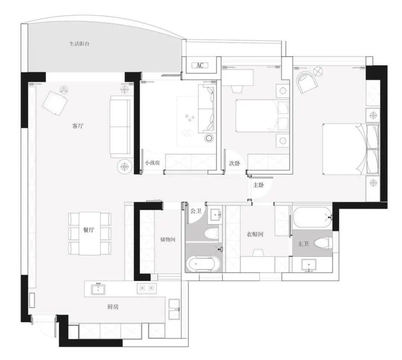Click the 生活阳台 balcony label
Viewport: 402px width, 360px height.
(x=80, y=44)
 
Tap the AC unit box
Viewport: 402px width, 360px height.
(x=200, y=65)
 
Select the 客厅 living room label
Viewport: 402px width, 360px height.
(x=78, y=126)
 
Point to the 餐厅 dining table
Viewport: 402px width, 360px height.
(x=89, y=233)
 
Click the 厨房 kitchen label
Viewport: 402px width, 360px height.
(x=113, y=307)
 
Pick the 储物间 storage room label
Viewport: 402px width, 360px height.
(x=167, y=240)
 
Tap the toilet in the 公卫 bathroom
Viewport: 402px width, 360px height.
(x=210, y=232)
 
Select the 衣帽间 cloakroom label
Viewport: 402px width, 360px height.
(x=255, y=234)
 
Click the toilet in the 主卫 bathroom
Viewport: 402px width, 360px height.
(x=323, y=243)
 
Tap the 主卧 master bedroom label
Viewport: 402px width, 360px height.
(x=258, y=185)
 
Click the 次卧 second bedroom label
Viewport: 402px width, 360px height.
(x=234, y=163)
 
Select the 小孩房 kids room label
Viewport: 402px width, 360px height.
(x=152, y=163)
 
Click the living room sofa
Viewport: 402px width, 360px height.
(x=120, y=127)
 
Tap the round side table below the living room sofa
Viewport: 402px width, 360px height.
(x=125, y=167)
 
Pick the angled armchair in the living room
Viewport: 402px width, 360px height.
(x=55, y=103)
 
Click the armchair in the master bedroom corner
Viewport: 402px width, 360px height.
(x=307, y=82)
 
